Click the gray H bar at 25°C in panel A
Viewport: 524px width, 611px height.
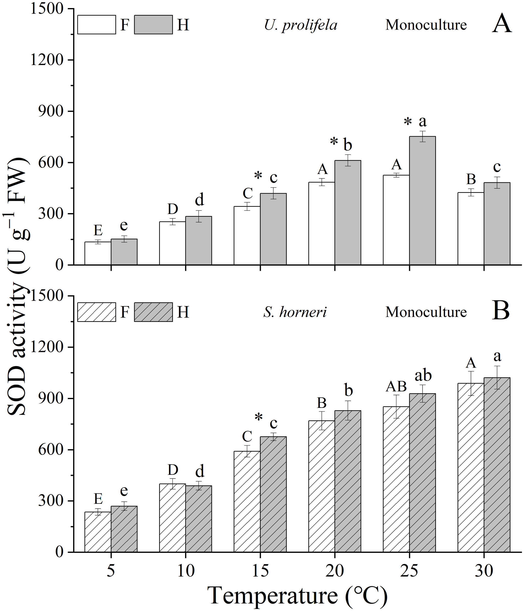coord(422,200)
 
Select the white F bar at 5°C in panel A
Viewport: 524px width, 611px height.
coord(98,253)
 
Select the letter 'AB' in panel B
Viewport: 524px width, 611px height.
coord(396,386)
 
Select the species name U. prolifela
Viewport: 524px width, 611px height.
coord(300,25)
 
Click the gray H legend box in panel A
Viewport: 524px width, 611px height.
coord(153,25)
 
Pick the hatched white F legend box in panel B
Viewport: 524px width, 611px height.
coord(97,312)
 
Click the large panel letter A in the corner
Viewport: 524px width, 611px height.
coord(502,24)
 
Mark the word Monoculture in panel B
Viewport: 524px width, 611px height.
coord(426,312)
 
